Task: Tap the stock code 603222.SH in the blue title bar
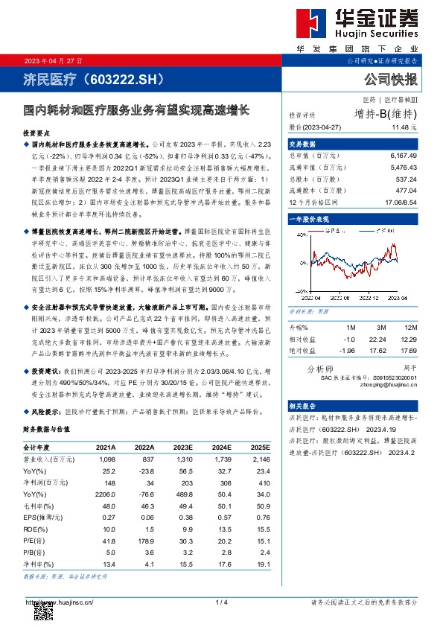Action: pos(127,78)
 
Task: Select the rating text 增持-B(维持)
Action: pos(386,114)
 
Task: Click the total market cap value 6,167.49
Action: pos(403,156)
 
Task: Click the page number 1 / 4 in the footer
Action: pos(221,602)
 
